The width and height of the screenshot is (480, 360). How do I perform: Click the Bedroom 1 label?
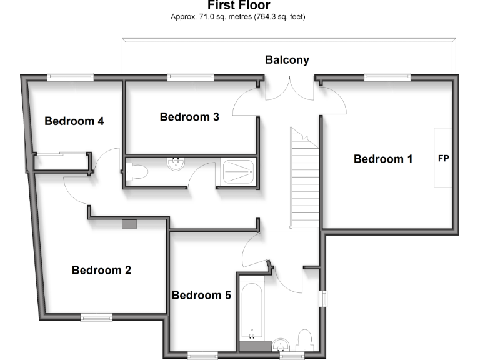(x=383, y=159)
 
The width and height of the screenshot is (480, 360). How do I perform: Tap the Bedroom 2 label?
(x=101, y=271)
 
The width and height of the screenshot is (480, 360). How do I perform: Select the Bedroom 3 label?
(x=189, y=117)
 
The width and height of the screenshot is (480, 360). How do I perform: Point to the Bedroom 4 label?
(x=74, y=121)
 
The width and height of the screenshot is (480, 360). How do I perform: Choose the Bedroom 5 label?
(x=201, y=295)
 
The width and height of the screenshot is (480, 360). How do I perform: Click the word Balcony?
(x=287, y=60)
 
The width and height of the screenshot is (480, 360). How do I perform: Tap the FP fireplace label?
(x=444, y=159)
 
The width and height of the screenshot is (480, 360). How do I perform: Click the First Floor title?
(x=239, y=6)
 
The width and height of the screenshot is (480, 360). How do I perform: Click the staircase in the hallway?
(x=304, y=178)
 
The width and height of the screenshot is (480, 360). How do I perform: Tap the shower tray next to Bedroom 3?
(x=238, y=172)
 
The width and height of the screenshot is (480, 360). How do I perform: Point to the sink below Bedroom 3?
(x=175, y=164)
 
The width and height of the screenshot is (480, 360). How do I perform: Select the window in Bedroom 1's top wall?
(x=387, y=77)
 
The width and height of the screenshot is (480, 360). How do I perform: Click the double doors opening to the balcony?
(x=289, y=87)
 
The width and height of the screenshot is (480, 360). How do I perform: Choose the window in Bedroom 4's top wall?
(x=71, y=77)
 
